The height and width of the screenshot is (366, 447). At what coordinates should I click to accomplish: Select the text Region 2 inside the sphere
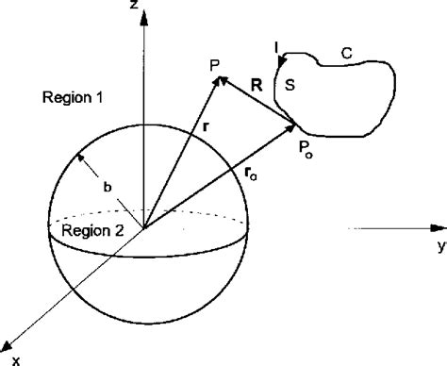click(x=90, y=228)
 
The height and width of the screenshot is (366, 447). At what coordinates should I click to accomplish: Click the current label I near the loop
click(x=275, y=44)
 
